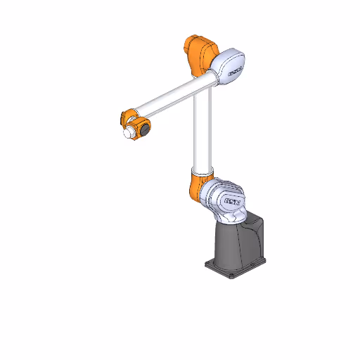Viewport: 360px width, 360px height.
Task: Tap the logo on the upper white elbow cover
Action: pyautogui.click(x=234, y=70)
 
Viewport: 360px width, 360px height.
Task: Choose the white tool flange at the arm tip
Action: pyautogui.click(x=129, y=132)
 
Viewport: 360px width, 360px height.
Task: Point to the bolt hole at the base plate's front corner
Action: pyautogui.click(x=233, y=275)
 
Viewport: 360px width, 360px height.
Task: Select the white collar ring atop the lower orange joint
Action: pyautogui.click(x=200, y=171)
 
